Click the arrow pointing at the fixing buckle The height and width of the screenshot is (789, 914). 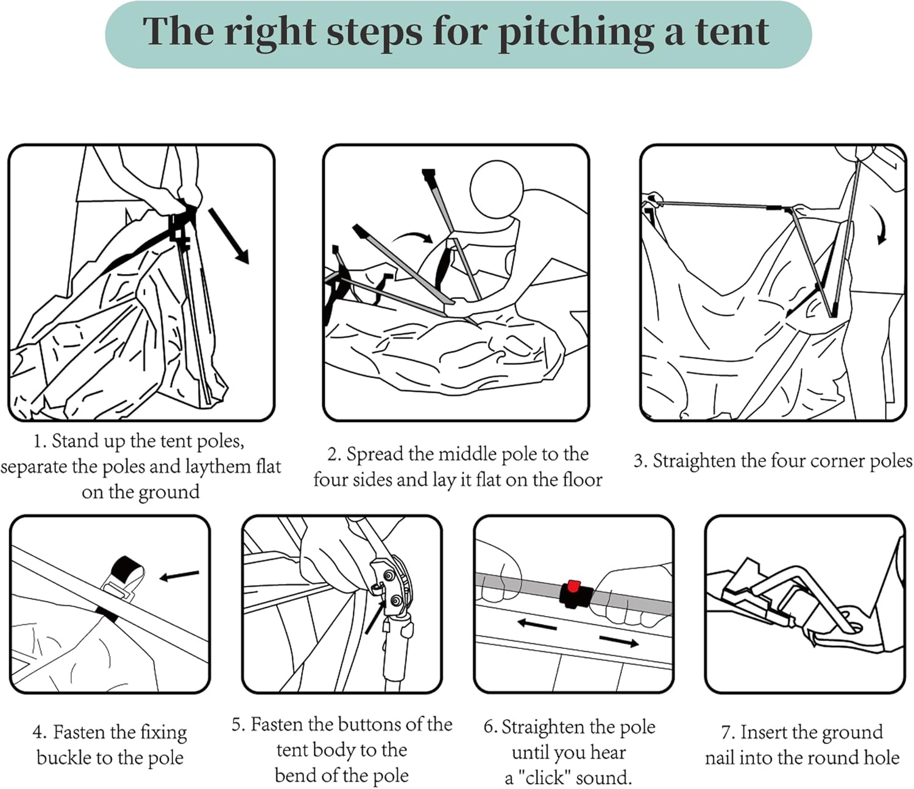179,575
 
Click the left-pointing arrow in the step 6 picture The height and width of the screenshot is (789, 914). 536,625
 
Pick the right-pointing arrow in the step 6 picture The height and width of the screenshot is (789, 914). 618,640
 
